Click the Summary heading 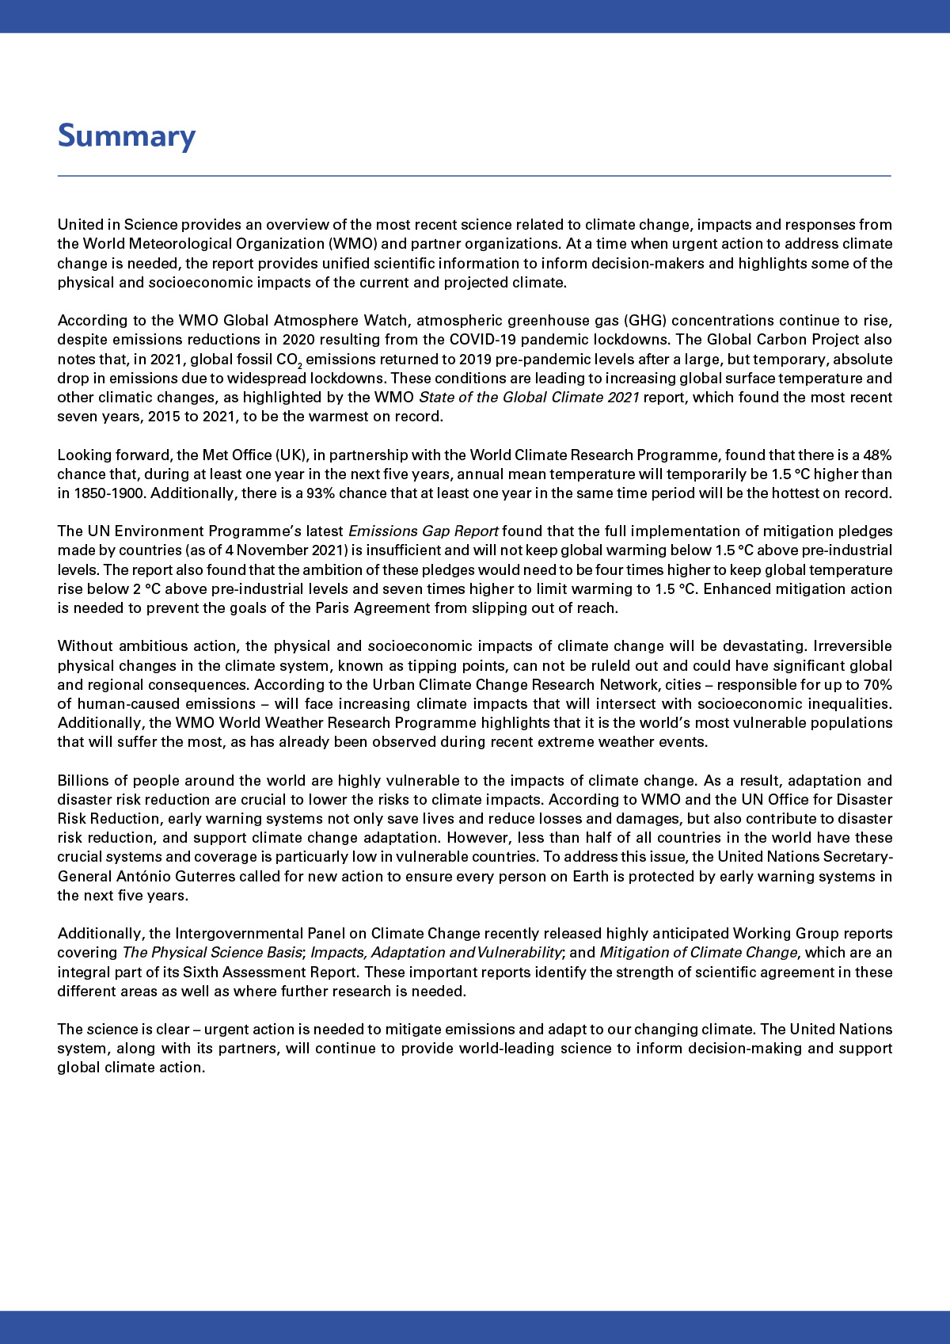click(x=127, y=136)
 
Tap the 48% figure click(x=876, y=455)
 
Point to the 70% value click(x=876, y=684)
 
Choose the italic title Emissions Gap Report click(x=423, y=531)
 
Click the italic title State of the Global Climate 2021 click(x=528, y=398)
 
